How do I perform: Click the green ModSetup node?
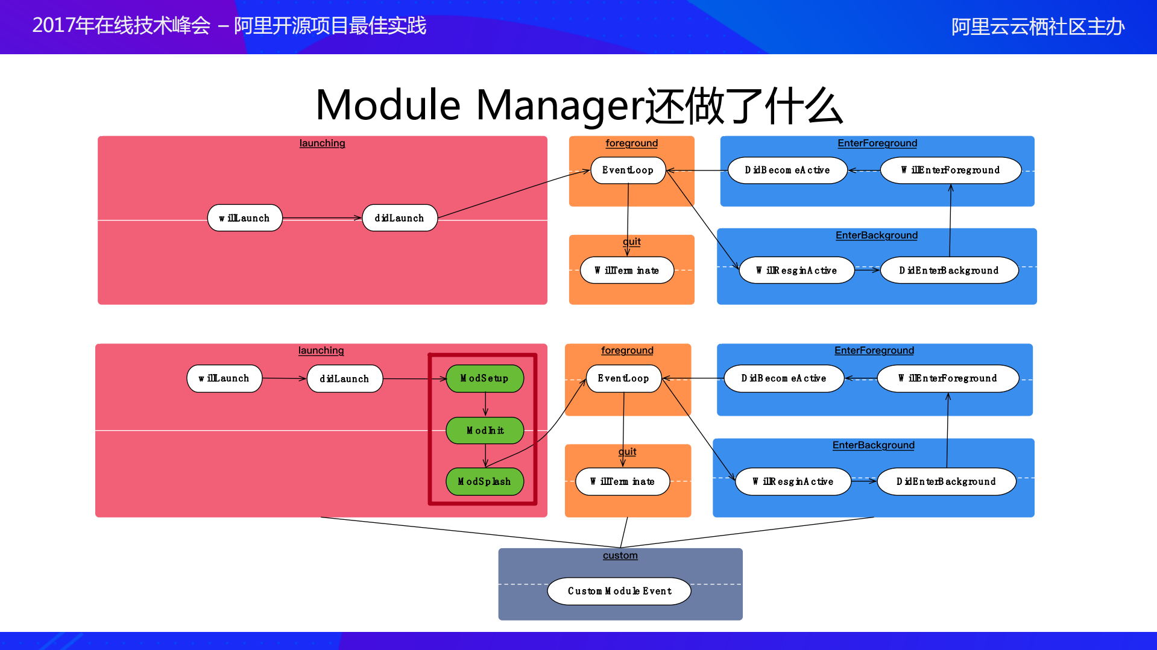point(485,378)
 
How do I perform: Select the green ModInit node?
point(485,430)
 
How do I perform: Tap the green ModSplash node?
point(485,481)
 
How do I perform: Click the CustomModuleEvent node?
point(619,591)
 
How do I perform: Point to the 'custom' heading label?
point(620,555)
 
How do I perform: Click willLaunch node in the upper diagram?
point(245,218)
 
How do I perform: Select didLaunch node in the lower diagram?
point(345,378)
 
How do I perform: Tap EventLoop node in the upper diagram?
point(628,170)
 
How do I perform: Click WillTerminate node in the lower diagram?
point(622,481)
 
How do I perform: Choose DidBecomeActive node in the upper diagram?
point(787,170)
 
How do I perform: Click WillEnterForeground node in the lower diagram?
point(948,378)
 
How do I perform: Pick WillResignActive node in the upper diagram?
point(796,270)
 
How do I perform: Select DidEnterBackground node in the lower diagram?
point(946,481)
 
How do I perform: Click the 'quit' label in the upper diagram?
point(632,242)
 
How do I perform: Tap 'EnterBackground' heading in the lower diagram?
point(873,445)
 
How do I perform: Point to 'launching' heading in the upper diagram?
point(322,143)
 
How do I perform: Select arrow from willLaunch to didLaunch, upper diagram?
point(322,218)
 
